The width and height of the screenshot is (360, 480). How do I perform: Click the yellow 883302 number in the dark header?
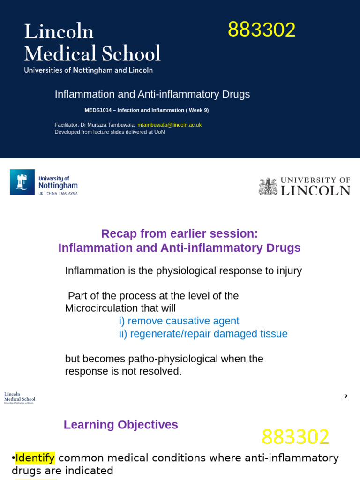(262, 30)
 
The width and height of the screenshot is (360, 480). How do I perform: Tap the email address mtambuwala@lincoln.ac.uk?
(169, 125)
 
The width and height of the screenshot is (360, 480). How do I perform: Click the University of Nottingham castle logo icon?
(22, 182)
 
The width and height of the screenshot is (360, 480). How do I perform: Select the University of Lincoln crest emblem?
(268, 186)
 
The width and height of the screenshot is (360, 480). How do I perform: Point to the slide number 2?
(345, 397)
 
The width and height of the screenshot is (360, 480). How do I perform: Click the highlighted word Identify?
(35, 457)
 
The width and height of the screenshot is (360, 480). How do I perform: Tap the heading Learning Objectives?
(120, 425)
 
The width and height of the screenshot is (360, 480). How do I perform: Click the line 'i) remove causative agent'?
(179, 321)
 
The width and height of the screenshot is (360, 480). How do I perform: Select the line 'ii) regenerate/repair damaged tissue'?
(203, 334)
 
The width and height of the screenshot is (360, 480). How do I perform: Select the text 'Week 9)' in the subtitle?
(199, 110)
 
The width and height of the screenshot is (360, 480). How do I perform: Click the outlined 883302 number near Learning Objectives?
(295, 437)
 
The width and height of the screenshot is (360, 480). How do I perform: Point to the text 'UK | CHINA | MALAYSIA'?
(58, 193)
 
